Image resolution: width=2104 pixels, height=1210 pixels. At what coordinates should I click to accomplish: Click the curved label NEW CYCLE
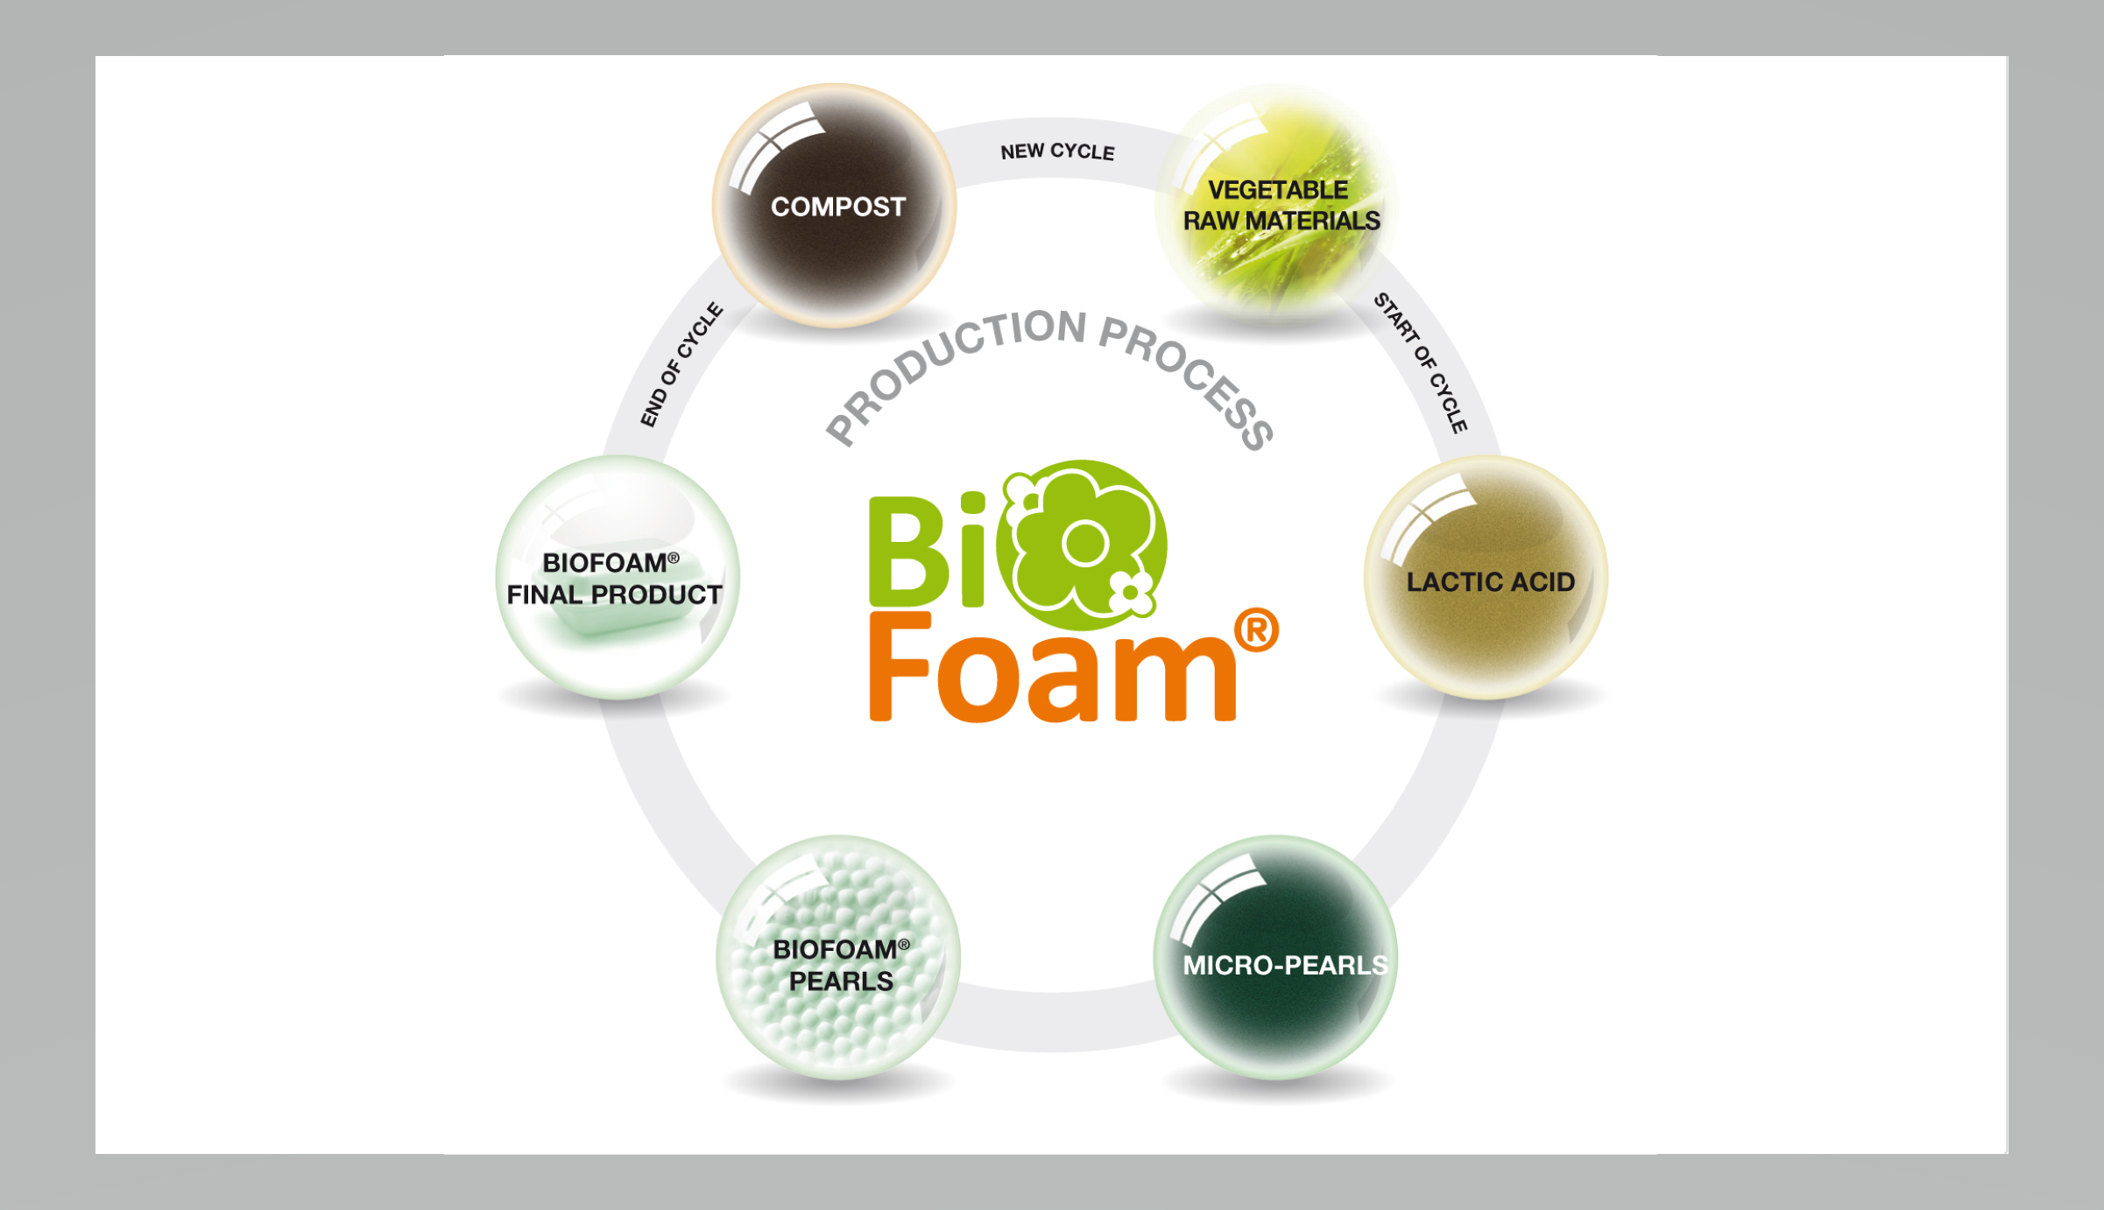pos(1057,151)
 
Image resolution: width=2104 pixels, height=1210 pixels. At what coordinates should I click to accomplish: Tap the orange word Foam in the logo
pos(1051,670)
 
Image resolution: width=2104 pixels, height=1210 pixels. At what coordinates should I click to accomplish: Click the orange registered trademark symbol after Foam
pos(1256,630)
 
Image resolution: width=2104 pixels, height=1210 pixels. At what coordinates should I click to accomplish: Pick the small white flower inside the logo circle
pos(1131,593)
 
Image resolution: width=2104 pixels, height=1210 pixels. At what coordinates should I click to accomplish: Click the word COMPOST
pos(837,207)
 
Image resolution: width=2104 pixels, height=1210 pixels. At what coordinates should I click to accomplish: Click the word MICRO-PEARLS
pos(1285,965)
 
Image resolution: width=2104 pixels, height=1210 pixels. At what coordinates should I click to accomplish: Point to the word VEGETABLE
pos(1278,190)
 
